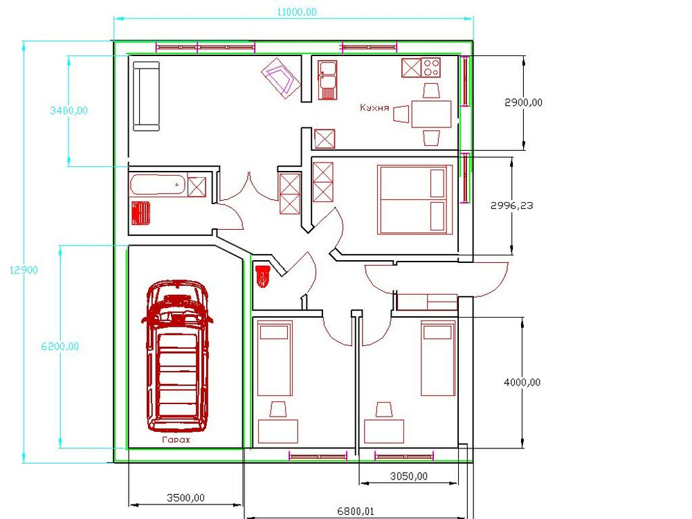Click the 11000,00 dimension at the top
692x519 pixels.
[x=297, y=12]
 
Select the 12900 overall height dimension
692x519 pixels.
[x=24, y=270]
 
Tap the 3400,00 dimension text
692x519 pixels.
[x=69, y=110]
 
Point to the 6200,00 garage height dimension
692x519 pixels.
[x=60, y=347]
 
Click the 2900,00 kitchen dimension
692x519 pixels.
[x=523, y=102]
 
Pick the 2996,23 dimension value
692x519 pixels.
[x=512, y=206]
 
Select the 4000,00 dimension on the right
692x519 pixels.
[x=522, y=382]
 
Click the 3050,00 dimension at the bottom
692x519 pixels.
[x=409, y=476]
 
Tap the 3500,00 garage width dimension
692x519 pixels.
[x=185, y=498]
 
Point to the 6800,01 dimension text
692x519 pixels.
[x=356, y=511]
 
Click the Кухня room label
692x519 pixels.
[x=374, y=107]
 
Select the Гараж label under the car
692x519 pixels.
[x=176, y=439]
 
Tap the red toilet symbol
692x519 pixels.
[x=262, y=276]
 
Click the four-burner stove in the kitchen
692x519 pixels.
[x=430, y=68]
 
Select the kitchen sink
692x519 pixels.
[x=327, y=80]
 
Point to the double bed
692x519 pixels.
[x=415, y=199]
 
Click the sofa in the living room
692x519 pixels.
[x=147, y=96]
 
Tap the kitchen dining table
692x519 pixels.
[x=431, y=114]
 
